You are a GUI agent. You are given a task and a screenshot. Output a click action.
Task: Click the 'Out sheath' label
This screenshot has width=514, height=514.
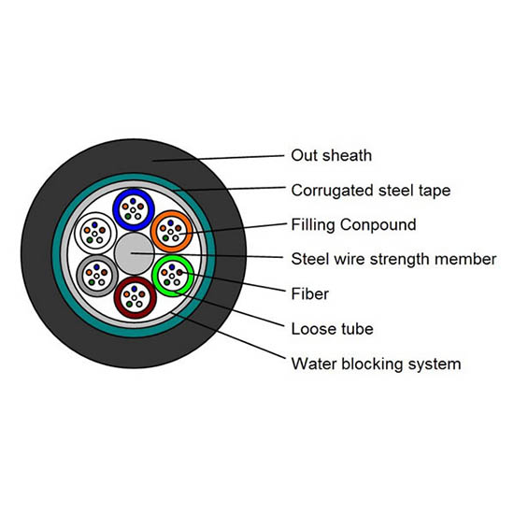coord(332,155)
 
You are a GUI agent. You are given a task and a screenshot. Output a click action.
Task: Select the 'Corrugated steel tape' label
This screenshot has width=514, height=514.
coord(371,191)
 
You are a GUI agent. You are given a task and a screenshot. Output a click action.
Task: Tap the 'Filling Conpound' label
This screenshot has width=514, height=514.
coord(353,225)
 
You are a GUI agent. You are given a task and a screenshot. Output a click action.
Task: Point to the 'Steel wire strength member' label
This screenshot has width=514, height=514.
coord(393,259)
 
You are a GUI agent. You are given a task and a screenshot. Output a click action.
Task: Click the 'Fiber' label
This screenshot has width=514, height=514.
coord(309,293)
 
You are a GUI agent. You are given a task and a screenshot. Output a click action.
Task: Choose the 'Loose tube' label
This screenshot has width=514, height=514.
coord(332,329)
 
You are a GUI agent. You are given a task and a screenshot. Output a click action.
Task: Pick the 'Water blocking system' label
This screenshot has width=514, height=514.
coord(376,364)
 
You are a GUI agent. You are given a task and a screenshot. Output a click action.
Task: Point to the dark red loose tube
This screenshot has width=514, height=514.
coord(118,297)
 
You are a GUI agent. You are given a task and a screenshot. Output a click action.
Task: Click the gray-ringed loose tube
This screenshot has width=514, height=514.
coord(79,276)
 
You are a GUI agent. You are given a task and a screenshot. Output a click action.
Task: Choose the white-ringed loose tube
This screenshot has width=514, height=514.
coord(78,234)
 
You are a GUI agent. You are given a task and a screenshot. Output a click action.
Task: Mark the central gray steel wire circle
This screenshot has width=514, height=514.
coord(134,253)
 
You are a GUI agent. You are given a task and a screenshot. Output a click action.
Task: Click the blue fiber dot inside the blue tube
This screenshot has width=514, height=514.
coord(133,201)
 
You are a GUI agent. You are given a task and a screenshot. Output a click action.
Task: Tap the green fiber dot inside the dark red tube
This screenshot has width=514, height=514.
coord(129,305)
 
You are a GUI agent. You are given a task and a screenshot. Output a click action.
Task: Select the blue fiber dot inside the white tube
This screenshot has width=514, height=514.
coord(94,225)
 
